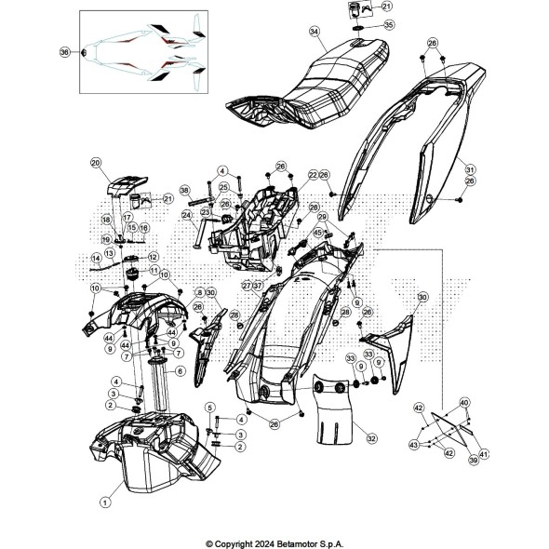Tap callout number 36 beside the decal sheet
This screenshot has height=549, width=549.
64,52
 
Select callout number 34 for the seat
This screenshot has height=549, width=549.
315,32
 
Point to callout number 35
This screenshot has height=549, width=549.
362,24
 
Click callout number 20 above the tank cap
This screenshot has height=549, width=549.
121,164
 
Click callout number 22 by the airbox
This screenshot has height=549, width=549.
287,174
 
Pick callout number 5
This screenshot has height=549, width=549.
210,407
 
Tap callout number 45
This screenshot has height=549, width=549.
317,233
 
